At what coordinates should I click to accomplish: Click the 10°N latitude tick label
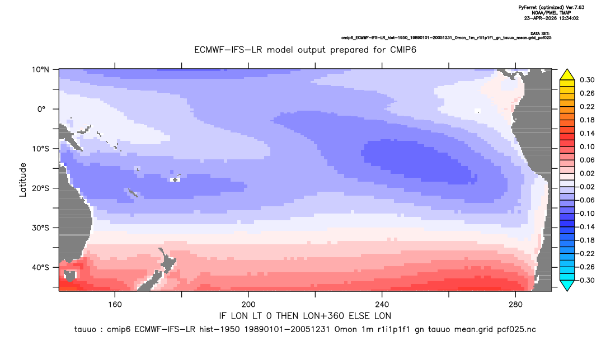coord(40,70)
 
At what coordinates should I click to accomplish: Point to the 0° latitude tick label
coord(42,109)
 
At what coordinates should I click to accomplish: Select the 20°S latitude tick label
coord(40,188)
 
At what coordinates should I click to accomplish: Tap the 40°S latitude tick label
coord(40,267)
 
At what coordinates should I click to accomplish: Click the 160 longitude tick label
coord(115,305)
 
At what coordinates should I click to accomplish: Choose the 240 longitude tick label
coord(382,305)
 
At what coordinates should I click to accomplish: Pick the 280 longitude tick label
coord(515,305)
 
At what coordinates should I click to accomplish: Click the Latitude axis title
coord(23,180)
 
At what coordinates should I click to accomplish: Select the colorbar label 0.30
coord(587,80)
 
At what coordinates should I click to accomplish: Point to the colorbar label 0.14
coord(587,133)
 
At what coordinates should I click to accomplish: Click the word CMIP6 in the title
coord(403,50)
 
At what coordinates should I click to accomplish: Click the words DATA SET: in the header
coord(541,34)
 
